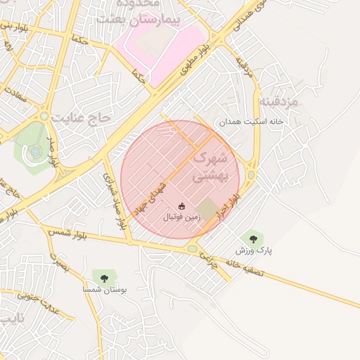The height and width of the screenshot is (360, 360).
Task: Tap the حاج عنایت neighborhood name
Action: pyautogui.click(x=86, y=118)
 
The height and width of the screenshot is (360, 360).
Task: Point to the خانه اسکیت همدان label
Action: pyautogui.click(x=254, y=122)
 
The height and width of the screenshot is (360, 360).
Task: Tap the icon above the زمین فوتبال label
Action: pyautogui.click(x=181, y=206)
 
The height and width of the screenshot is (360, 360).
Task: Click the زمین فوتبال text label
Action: pyautogui.click(x=182, y=217)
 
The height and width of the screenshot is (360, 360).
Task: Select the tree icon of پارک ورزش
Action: pyautogui.click(x=253, y=238)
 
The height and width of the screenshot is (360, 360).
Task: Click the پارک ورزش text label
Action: pyautogui.click(x=254, y=250)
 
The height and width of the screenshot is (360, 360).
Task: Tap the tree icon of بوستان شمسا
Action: pyautogui.click(x=104, y=278)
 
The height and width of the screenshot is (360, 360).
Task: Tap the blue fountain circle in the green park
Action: pyautogui.click(x=34, y=151)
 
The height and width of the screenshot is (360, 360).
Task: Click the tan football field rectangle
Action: pyautogui.click(x=207, y=208)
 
